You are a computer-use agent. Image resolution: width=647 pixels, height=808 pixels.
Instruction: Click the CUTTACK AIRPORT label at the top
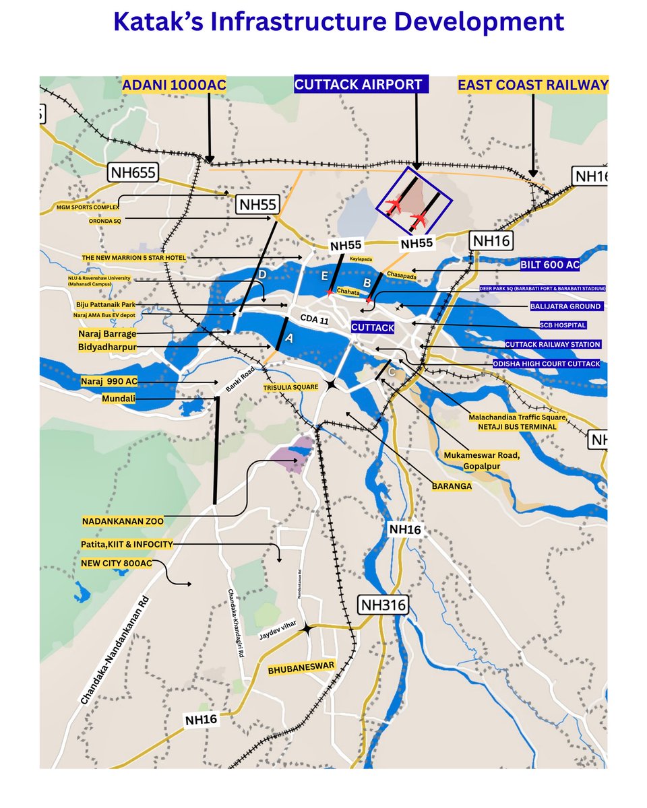tap(359, 85)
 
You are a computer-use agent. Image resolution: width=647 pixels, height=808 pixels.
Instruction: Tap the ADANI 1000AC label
tap(174, 85)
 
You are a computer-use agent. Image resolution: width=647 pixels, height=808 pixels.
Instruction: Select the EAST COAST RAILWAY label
tap(533, 85)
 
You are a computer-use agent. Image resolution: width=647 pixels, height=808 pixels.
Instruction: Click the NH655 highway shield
tap(134, 172)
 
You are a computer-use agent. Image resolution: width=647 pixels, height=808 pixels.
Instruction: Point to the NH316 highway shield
tap(383, 605)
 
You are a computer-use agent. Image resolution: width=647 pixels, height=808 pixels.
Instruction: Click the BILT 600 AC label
tap(550, 265)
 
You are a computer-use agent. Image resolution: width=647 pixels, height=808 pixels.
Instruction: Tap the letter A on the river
tap(290, 340)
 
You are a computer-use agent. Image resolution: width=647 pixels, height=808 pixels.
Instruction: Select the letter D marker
tap(262, 275)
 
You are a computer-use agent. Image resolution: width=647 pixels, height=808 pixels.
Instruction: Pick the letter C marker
tap(391, 370)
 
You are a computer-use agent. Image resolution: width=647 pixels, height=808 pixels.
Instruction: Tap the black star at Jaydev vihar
tap(307, 628)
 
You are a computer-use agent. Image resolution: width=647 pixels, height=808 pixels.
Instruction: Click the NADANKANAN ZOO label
tap(123, 521)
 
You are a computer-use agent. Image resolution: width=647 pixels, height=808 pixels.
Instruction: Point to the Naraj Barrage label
tap(107, 333)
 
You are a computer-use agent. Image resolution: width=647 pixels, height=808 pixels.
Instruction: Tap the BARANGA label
tap(452, 484)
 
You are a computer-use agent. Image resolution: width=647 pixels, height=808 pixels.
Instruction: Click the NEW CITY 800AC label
tap(116, 562)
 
